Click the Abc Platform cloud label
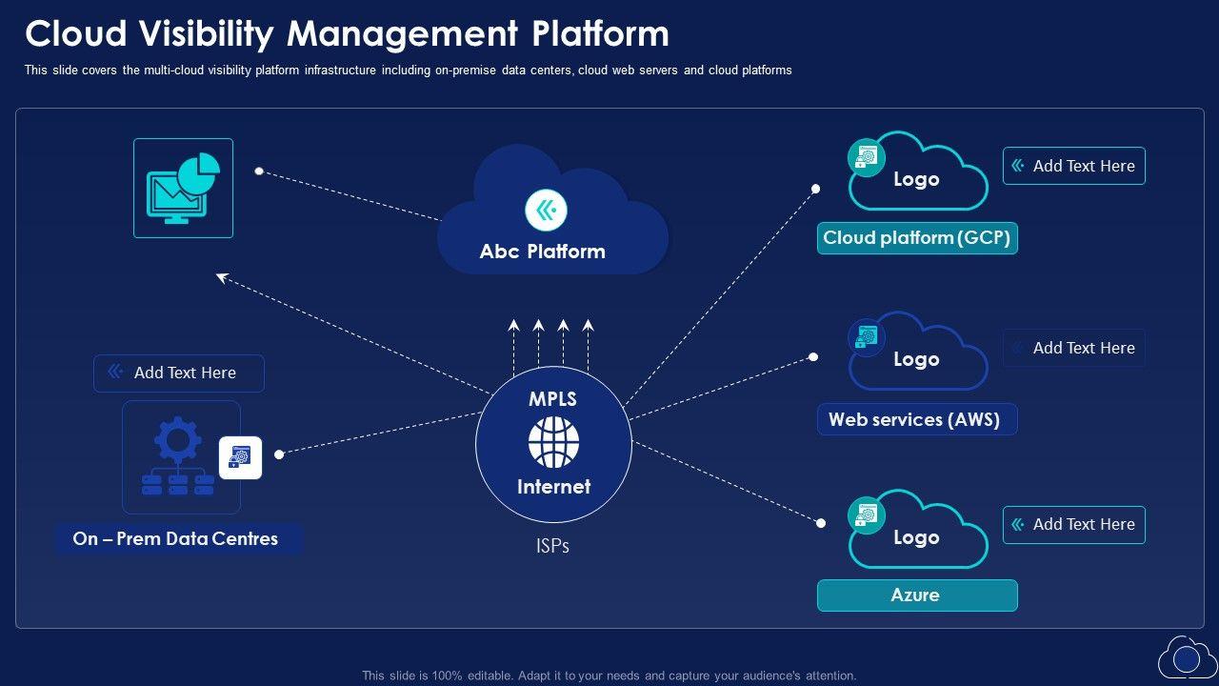(542, 252)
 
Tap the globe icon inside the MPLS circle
(553, 442)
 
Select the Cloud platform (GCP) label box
(917, 238)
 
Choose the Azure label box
(916, 595)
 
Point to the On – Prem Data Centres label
(176, 538)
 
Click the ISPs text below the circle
(552, 547)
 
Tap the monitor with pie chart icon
(183, 189)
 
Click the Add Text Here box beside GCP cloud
(1073, 166)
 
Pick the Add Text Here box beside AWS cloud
(1073, 348)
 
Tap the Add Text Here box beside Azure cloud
(1073, 525)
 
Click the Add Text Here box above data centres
(178, 373)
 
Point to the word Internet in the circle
(553, 487)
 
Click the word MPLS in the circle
(552, 399)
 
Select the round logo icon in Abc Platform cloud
(546, 210)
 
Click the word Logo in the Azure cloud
(916, 537)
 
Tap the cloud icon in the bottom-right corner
(1187, 657)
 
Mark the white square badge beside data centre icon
(240, 457)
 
